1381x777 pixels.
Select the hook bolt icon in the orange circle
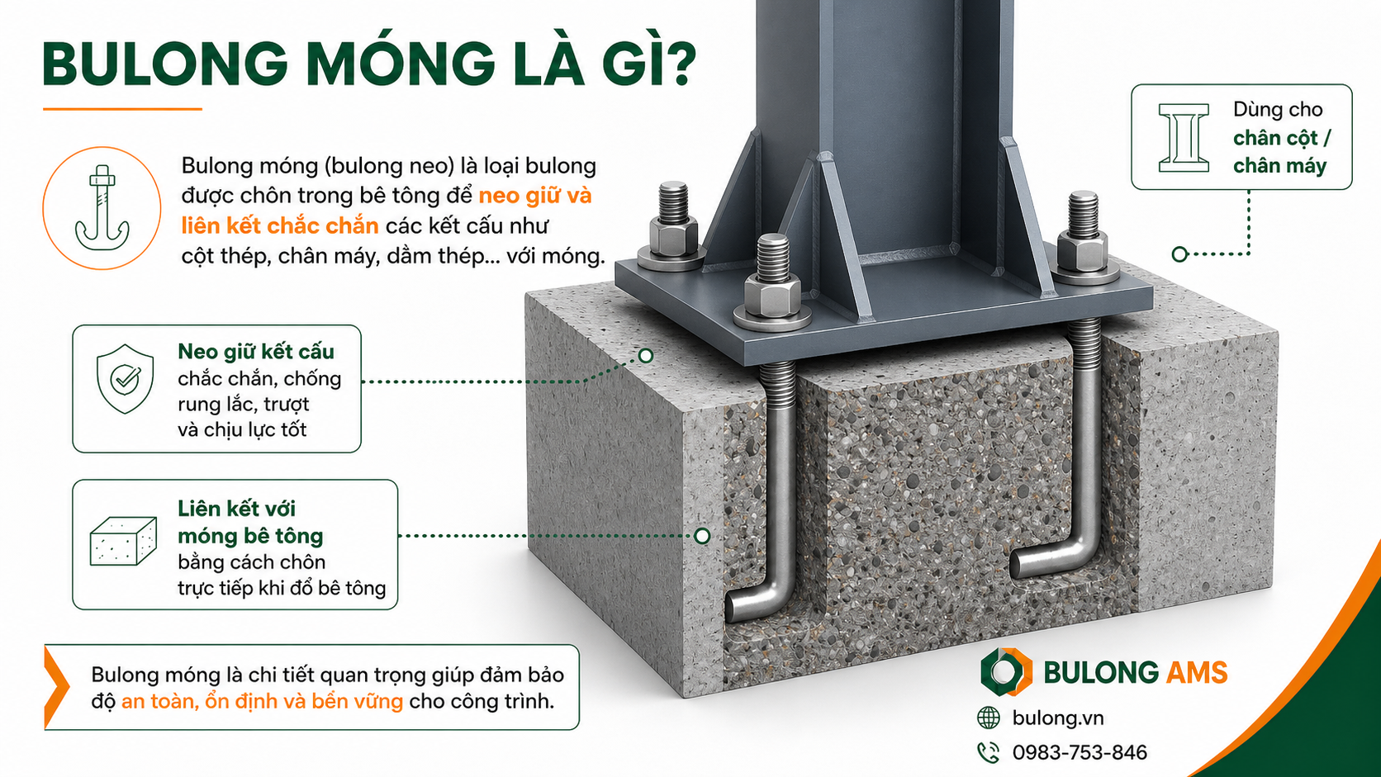[x=102, y=207]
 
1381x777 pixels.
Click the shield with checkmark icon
[x=126, y=378]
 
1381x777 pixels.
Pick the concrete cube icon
[x=123, y=541]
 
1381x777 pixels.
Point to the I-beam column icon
[x=1183, y=137]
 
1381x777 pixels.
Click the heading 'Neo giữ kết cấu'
[x=256, y=351]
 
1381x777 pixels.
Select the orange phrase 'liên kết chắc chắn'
[x=280, y=225]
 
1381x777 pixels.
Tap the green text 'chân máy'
[x=1280, y=166]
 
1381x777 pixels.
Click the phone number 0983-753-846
[x=1080, y=752]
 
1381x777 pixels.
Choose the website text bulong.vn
[x=1058, y=718]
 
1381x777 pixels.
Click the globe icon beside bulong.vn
[x=989, y=718]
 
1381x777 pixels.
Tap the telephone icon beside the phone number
[x=989, y=752]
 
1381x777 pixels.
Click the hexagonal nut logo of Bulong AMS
[x=1006, y=671]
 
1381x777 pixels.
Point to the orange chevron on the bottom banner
[x=56, y=687]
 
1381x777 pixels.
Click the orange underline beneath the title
[x=122, y=109]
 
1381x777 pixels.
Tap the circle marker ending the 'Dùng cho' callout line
[x=1179, y=253]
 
